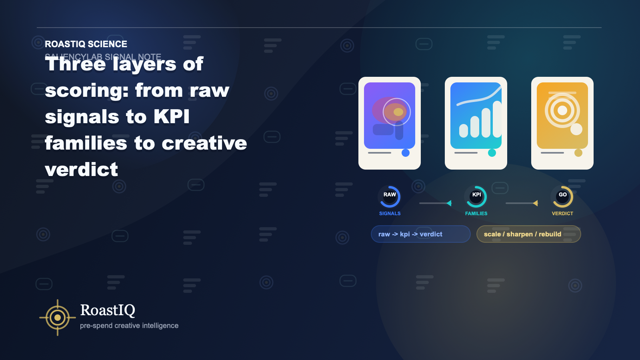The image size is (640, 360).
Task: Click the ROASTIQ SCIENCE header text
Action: coord(86,44)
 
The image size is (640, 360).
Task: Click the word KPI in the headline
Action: coord(172,117)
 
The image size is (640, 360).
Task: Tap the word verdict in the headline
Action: coord(82,170)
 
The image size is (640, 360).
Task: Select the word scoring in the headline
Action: coord(86,90)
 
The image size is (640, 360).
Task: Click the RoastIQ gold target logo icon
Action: coord(58,318)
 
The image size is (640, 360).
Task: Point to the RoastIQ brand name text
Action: coord(108,310)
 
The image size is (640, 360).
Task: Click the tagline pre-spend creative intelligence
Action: coord(129,326)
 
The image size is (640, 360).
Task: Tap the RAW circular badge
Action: coord(390,196)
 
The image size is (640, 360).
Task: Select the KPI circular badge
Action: coord(476,196)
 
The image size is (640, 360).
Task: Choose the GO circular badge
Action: coord(562,196)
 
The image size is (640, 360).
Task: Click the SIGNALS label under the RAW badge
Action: coord(390,214)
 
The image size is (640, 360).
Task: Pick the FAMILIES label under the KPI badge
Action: coord(476,214)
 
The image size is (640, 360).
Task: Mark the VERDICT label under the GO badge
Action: coord(562,214)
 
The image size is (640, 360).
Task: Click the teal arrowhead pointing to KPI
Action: coord(449,203)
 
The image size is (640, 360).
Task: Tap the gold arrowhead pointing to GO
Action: coord(536,203)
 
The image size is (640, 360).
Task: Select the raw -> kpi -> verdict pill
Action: coord(420,234)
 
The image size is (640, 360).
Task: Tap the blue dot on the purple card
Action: coord(406,153)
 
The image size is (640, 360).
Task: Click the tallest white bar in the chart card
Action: coord(497,119)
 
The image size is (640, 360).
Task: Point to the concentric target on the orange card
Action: coord(562,110)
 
